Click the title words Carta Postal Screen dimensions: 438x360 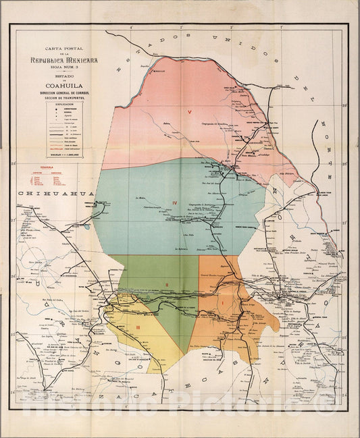point(61,49)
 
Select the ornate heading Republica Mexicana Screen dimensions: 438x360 point(61,59)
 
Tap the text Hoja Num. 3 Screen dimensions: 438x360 point(61,67)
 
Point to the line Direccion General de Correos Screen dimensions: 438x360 point(61,92)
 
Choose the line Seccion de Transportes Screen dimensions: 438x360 point(61,98)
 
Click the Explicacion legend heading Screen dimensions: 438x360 point(61,105)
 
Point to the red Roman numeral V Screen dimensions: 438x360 point(190,110)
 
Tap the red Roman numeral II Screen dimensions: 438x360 point(167,285)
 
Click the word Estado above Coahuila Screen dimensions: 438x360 point(61,76)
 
